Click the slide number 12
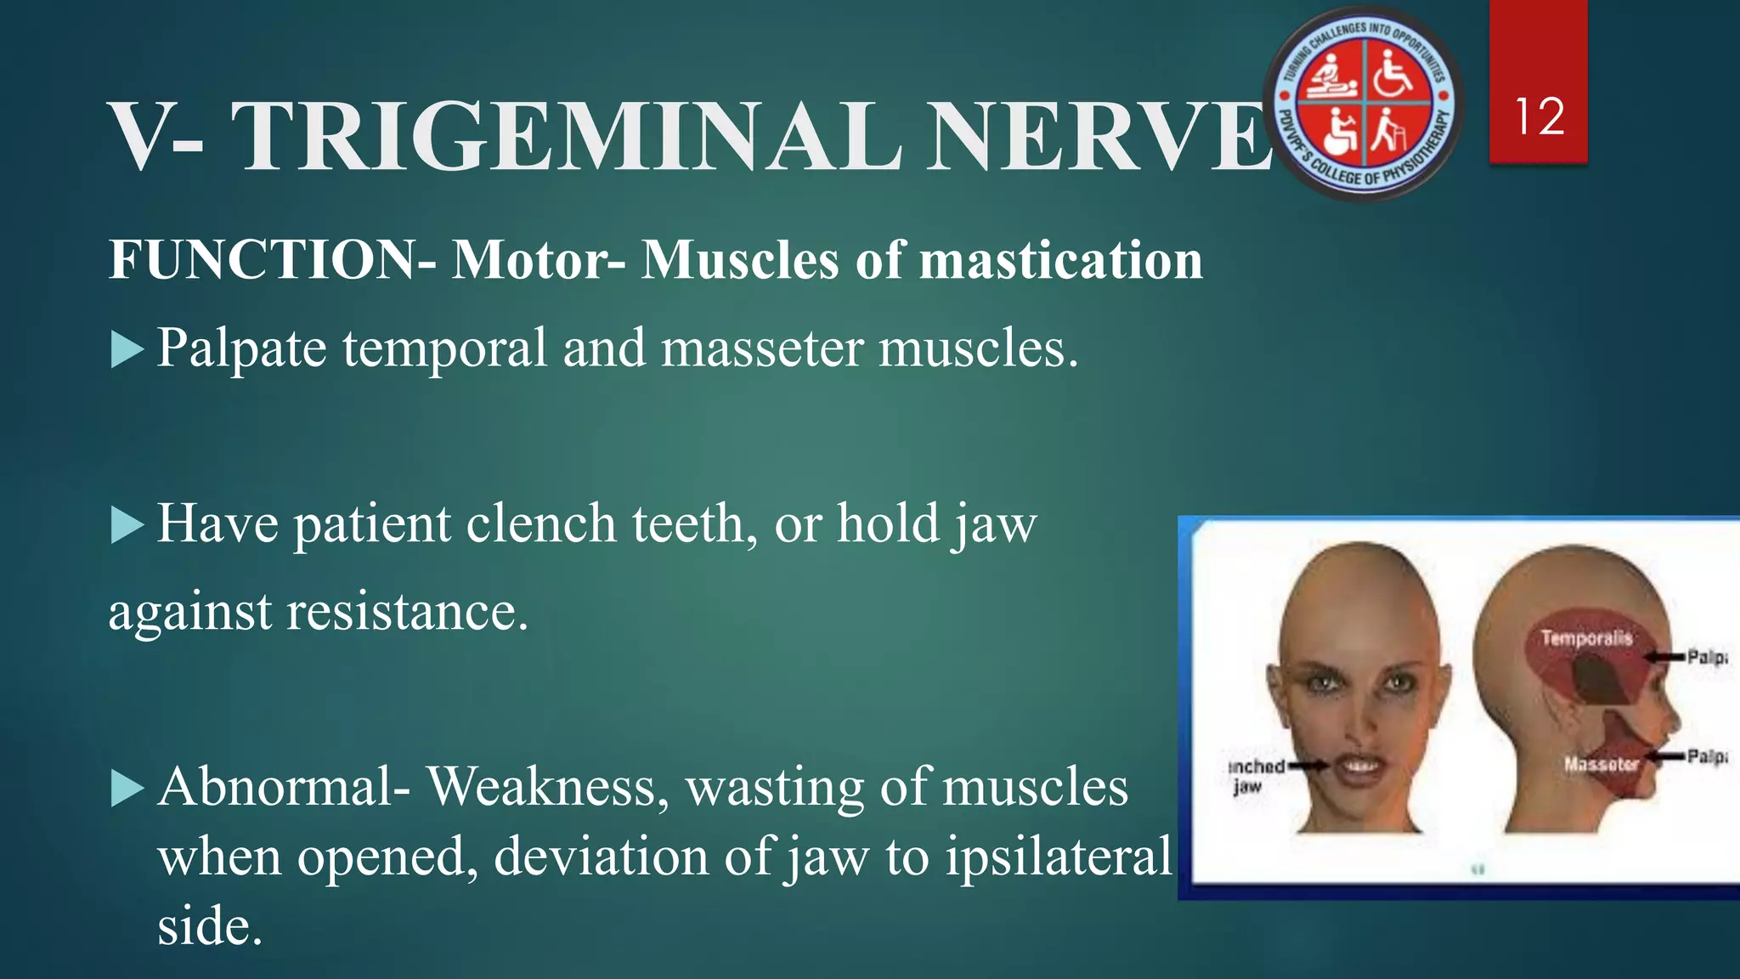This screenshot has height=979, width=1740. pyautogui.click(x=1539, y=116)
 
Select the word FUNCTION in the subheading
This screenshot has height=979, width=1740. pyautogui.click(x=263, y=259)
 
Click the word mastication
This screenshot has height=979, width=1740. pyautogui.click(x=1061, y=259)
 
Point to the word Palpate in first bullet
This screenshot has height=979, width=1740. pyautogui.click(x=242, y=348)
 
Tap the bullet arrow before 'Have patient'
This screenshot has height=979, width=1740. pyautogui.click(x=127, y=524)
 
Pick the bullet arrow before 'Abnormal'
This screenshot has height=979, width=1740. pyautogui.click(x=127, y=788)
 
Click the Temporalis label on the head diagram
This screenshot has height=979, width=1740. pyautogui.click(x=1586, y=637)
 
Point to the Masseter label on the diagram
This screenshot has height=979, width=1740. pyautogui.click(x=1601, y=764)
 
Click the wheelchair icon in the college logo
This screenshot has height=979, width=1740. pyautogui.click(x=1393, y=71)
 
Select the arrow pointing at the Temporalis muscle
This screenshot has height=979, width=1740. pyautogui.click(x=1664, y=657)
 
